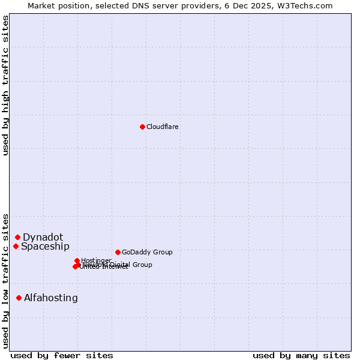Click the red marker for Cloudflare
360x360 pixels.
tap(142, 127)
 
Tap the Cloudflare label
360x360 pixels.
tap(163, 127)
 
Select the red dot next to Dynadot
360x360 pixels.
tap(18, 238)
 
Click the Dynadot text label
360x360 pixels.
tap(43, 238)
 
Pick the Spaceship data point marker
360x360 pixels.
tap(16, 246)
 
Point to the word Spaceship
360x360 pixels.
tap(45, 247)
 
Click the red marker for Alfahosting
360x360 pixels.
tap(19, 298)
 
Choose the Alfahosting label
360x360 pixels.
tap(51, 298)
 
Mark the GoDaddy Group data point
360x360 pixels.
tap(118, 252)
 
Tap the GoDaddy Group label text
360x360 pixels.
tap(147, 253)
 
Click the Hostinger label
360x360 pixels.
tap(96, 260)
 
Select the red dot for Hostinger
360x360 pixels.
tap(77, 261)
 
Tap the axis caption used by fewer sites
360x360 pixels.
tap(62, 355)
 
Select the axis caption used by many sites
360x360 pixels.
tap(301, 355)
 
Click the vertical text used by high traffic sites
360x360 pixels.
tap(5, 85)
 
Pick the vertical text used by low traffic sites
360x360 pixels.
tap(5, 281)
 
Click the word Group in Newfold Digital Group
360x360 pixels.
tap(142, 265)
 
